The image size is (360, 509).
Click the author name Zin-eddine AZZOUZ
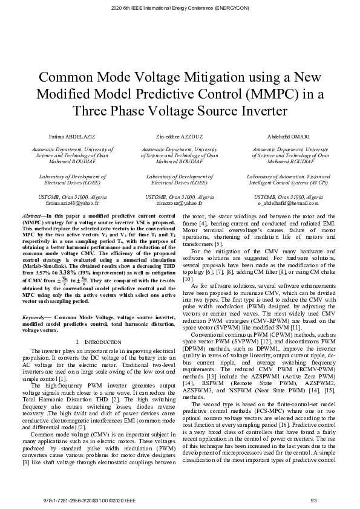coord(179,137)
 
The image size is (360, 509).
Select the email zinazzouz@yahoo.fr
coord(179,204)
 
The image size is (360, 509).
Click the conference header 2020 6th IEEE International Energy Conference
coord(180,8)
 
